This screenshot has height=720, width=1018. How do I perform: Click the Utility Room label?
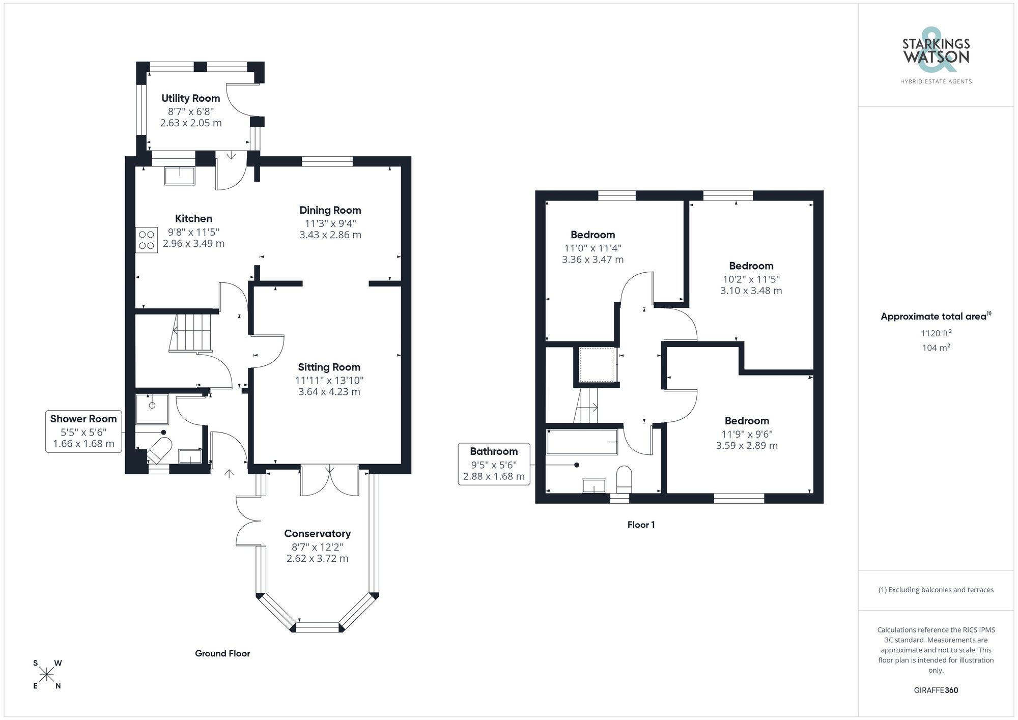pyautogui.click(x=190, y=98)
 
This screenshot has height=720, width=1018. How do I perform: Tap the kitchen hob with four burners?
pyautogui.click(x=146, y=240)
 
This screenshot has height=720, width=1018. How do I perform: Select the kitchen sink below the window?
pyautogui.click(x=180, y=176)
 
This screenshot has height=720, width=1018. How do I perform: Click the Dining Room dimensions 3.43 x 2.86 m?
pyautogui.click(x=330, y=235)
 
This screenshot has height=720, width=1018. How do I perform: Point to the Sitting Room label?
pyautogui.click(x=329, y=367)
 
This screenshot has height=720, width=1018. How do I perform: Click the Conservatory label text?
pyautogui.click(x=317, y=534)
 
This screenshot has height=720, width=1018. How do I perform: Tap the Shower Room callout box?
pyautogui.click(x=83, y=431)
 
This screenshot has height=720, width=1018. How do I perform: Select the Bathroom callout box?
pyautogui.click(x=494, y=464)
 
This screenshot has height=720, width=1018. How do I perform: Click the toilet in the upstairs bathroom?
pyautogui.click(x=624, y=478)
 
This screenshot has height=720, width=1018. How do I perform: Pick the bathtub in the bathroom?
pyautogui.click(x=581, y=442)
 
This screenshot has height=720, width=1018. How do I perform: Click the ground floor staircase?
pyautogui.click(x=190, y=333)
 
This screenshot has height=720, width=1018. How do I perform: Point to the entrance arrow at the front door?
pyautogui.click(x=229, y=474)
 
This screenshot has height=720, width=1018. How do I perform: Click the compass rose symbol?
pyautogui.click(x=47, y=675)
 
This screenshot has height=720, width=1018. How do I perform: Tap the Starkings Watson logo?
pyautogui.click(x=936, y=56)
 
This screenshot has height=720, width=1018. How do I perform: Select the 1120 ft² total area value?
pyautogui.click(x=936, y=333)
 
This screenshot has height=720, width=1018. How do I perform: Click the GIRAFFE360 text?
pyautogui.click(x=936, y=690)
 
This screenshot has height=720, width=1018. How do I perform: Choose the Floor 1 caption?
pyautogui.click(x=641, y=525)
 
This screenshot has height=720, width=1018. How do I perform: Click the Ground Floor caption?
pyautogui.click(x=222, y=653)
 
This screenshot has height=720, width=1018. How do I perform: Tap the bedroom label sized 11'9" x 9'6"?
pyautogui.click(x=746, y=421)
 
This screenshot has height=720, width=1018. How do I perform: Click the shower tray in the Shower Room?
pyautogui.click(x=152, y=409)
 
